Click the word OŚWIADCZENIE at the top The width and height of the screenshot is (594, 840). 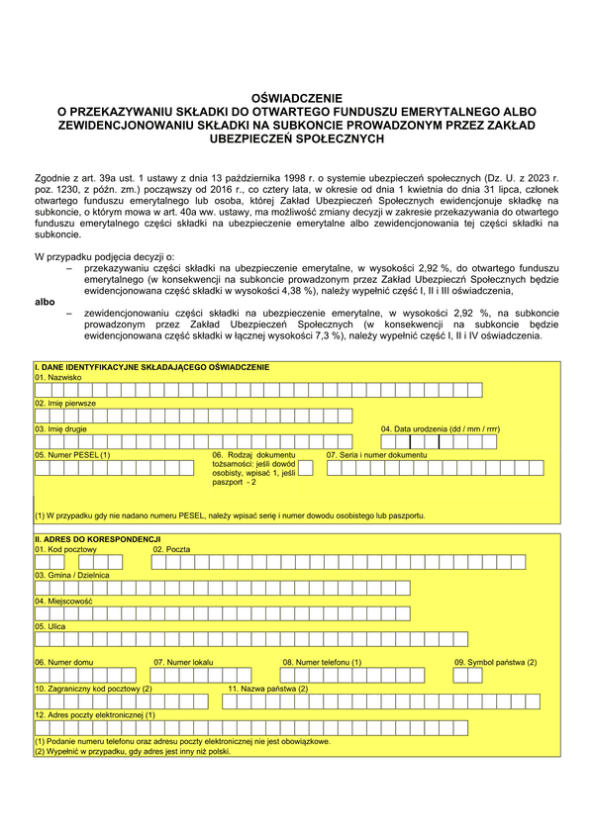(x=297, y=99)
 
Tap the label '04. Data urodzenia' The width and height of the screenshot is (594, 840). (x=440, y=428)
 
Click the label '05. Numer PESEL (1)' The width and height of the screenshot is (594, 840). (x=72, y=454)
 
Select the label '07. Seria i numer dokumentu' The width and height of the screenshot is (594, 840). (x=376, y=454)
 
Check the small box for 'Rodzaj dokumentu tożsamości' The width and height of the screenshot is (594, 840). (x=305, y=468)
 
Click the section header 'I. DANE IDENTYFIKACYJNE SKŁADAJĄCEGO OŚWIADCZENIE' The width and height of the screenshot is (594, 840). (x=150, y=367)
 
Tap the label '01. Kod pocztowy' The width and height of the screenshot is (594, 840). (x=65, y=548)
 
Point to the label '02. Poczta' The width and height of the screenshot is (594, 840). (x=171, y=548)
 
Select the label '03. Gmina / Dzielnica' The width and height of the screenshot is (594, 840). (x=71, y=574)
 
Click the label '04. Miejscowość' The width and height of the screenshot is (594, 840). (x=63, y=600)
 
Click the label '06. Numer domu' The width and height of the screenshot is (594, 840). (x=63, y=661)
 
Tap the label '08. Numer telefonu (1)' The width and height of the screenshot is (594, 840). (x=322, y=661)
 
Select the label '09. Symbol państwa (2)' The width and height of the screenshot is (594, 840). (x=495, y=661)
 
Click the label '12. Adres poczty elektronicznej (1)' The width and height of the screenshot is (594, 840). (x=94, y=712)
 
